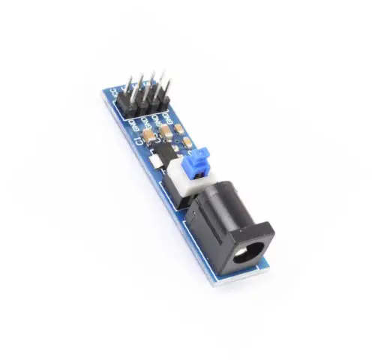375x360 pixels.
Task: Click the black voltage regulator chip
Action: point(160,155)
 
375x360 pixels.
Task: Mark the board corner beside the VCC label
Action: point(104,93)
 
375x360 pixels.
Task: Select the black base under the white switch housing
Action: point(182,196)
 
